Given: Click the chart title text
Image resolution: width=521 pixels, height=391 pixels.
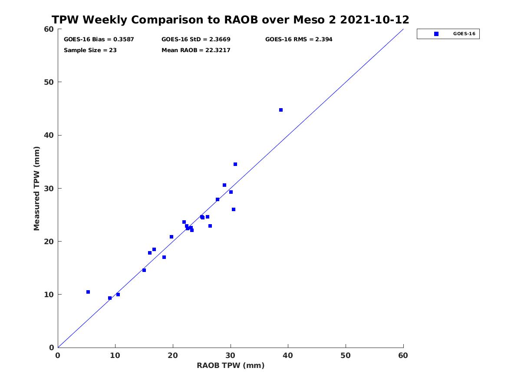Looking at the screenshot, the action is (x=230, y=20).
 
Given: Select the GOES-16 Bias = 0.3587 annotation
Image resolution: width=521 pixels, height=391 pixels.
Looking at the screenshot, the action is (x=99, y=40).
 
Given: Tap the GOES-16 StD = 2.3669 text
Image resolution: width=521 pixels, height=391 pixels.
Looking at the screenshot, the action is (x=196, y=40).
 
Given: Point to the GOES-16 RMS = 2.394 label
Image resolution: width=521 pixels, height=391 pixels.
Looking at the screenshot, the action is (x=299, y=40).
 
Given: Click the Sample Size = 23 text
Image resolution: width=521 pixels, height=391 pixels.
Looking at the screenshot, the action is (x=90, y=50).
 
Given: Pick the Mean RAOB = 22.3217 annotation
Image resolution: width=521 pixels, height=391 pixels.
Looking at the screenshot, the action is (x=196, y=50).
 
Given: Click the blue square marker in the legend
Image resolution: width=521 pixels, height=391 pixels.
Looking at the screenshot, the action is (x=436, y=34).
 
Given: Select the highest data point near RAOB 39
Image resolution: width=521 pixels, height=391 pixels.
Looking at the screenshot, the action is (x=281, y=110).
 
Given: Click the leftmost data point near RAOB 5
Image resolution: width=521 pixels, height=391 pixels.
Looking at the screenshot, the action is (x=88, y=292).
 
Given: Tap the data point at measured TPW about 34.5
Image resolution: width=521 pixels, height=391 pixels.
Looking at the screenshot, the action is (x=235, y=164).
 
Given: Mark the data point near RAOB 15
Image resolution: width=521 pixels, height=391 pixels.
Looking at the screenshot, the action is (x=144, y=270).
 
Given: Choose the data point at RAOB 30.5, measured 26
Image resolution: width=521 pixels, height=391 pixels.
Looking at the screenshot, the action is (x=234, y=209).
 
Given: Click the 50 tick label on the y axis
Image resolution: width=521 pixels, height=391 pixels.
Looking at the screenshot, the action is (x=49, y=83).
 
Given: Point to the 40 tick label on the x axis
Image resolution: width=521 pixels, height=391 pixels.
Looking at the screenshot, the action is (x=288, y=356).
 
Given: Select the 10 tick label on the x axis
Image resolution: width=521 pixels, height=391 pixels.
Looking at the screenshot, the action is (x=115, y=356).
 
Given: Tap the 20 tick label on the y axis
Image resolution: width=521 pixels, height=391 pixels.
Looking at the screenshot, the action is (x=49, y=242).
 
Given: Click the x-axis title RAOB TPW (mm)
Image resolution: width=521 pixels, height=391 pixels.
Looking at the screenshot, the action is (x=231, y=366).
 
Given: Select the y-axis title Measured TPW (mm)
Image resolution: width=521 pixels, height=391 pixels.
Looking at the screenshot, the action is (x=36, y=189).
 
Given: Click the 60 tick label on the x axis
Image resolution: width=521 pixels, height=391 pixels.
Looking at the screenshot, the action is (x=403, y=356).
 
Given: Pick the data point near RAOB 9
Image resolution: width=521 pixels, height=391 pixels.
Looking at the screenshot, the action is (x=110, y=298).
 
